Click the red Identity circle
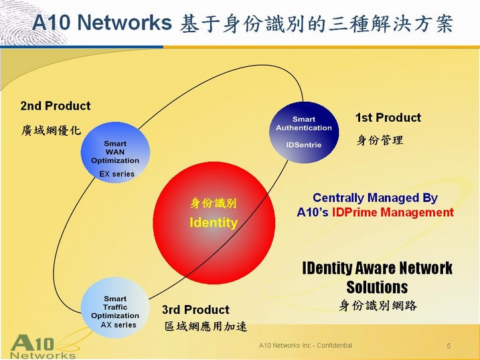click(x=214, y=223)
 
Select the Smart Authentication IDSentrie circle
click(x=304, y=132)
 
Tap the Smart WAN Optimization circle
click(x=115, y=153)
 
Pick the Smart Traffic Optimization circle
click(x=115, y=307)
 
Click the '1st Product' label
click(x=388, y=118)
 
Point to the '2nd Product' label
click(x=56, y=106)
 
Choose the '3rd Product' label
click(x=195, y=310)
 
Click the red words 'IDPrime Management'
click(x=393, y=212)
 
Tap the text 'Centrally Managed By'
click(x=375, y=198)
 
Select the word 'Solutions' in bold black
click(x=377, y=287)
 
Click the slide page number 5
click(x=449, y=346)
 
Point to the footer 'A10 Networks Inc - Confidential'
click(x=305, y=345)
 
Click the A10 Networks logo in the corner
click(x=43, y=347)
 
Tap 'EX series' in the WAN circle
click(x=117, y=174)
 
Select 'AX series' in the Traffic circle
click(x=118, y=325)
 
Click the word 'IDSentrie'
click(x=304, y=145)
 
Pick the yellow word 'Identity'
click(x=214, y=223)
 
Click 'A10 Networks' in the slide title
click(x=102, y=22)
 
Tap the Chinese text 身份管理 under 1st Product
click(x=380, y=141)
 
